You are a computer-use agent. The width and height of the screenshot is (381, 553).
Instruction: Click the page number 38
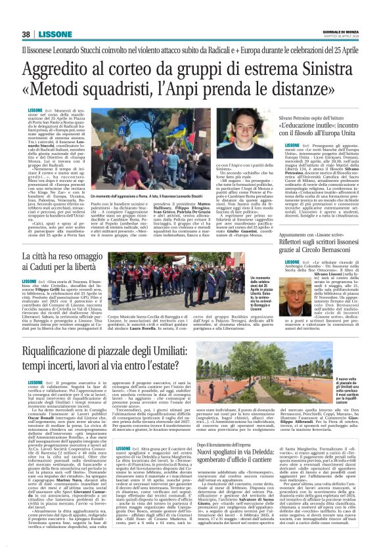26,34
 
